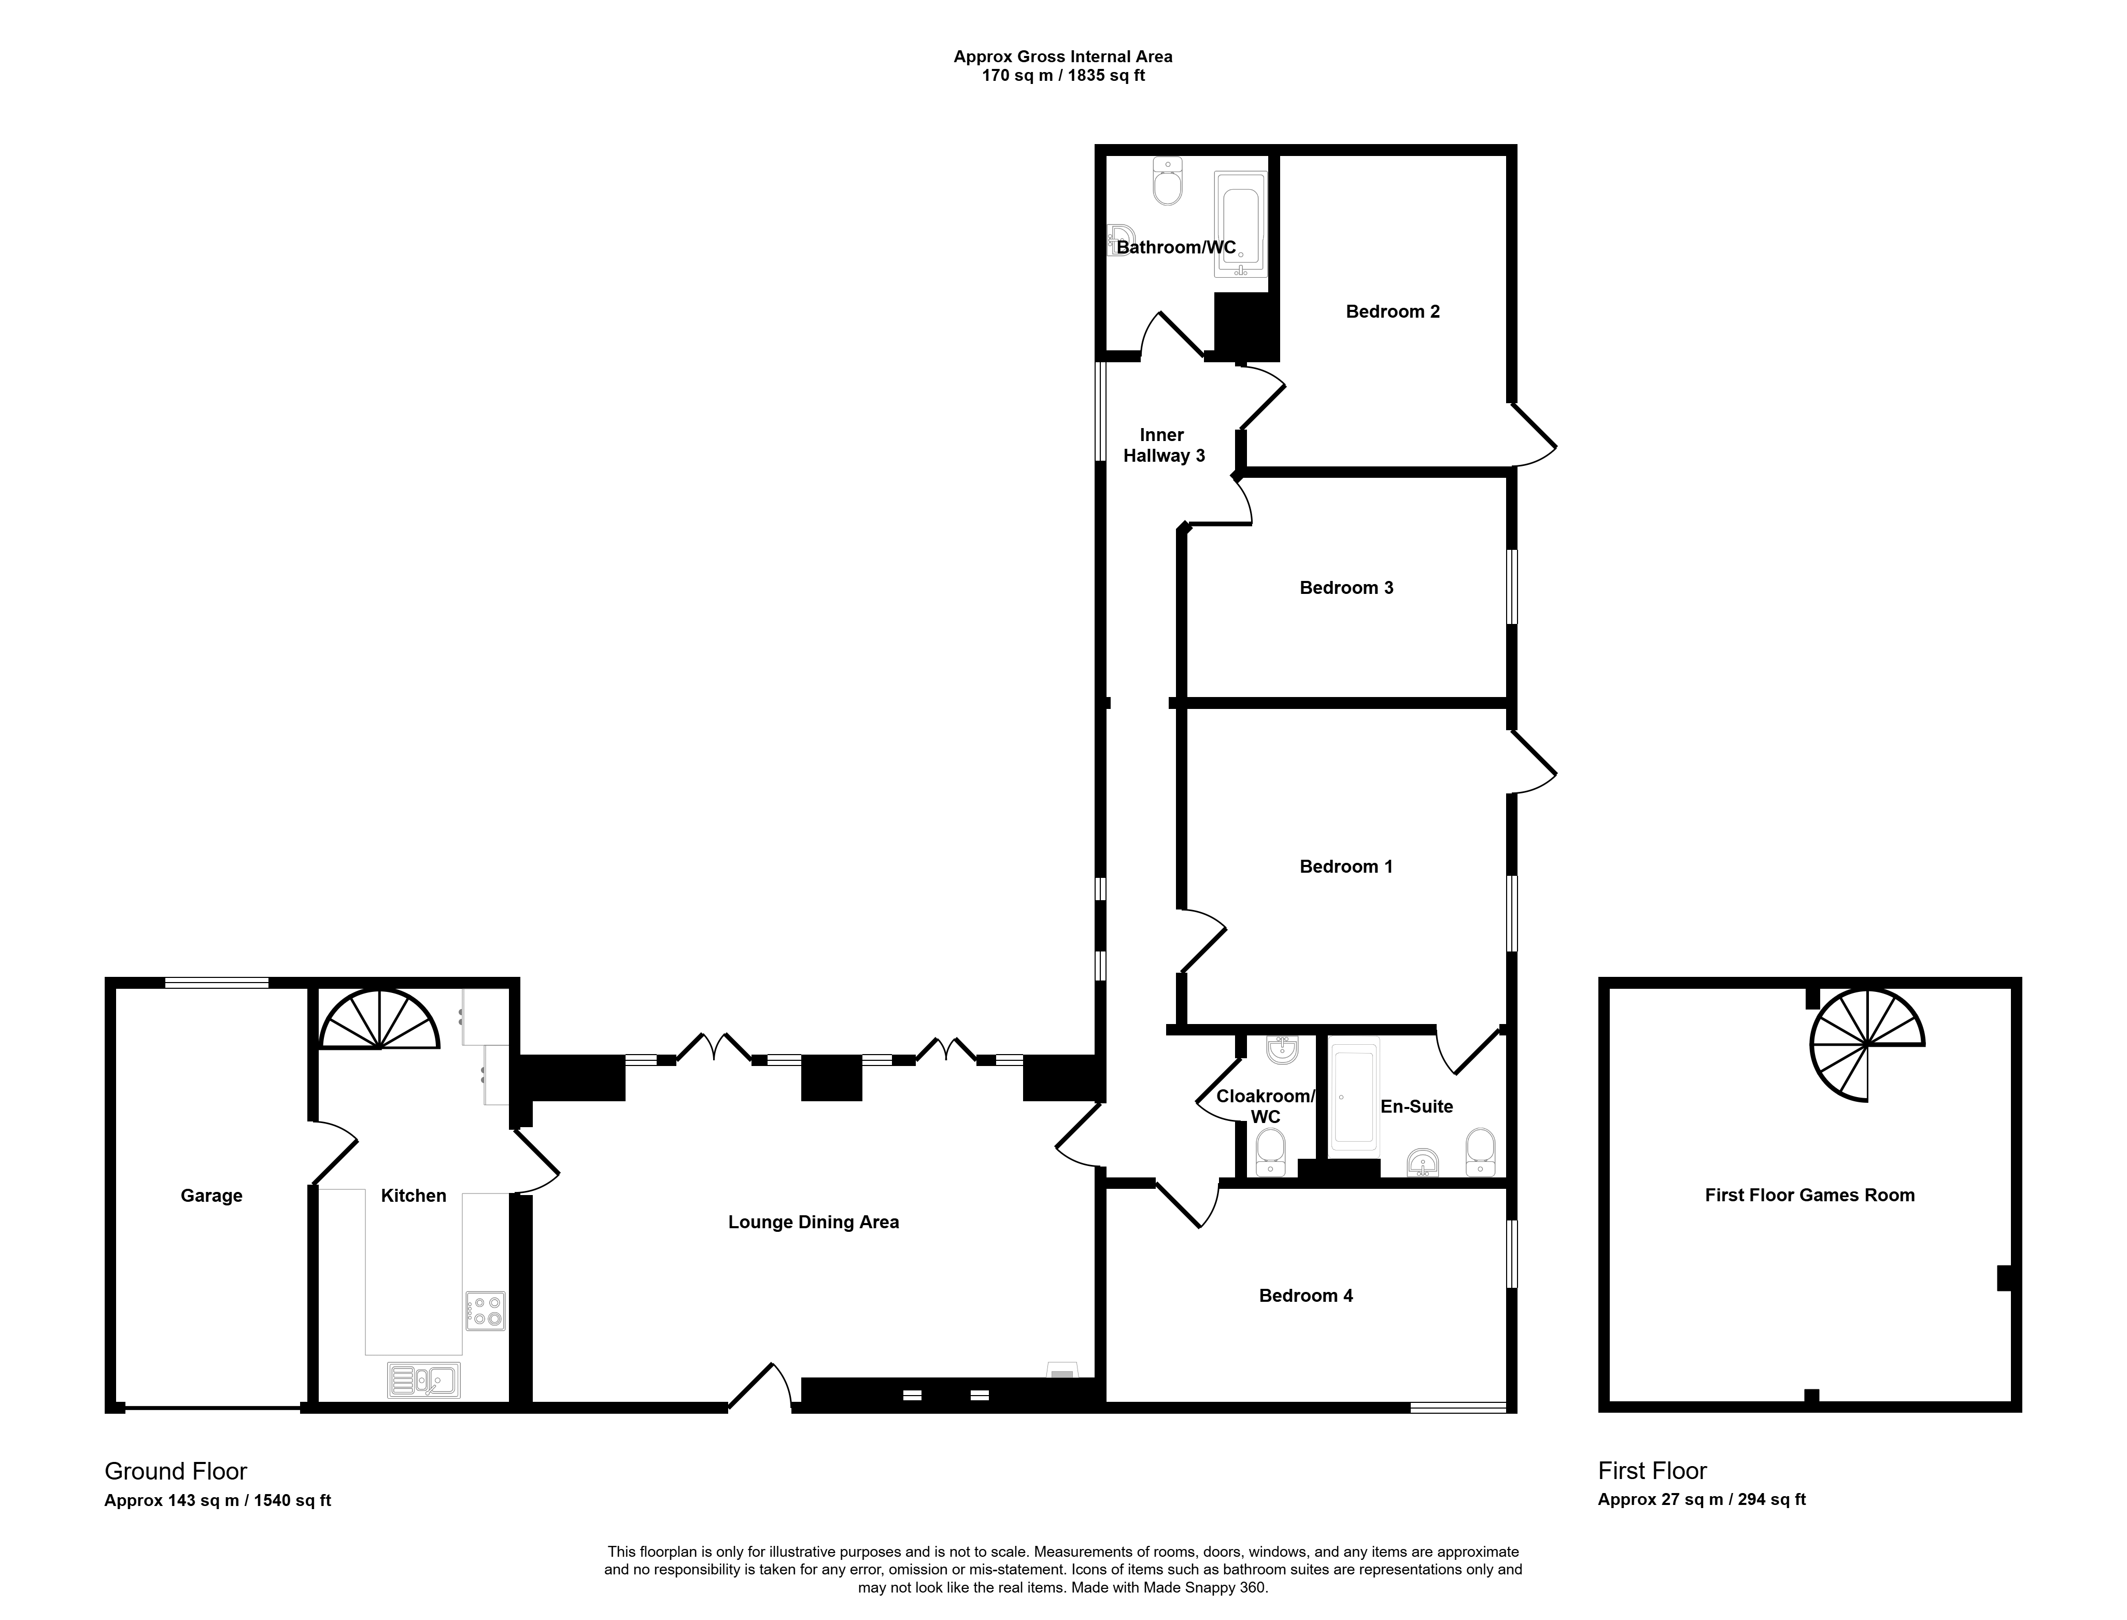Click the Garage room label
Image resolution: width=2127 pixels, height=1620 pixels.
coord(211,1196)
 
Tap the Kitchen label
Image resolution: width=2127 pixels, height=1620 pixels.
coord(414,1196)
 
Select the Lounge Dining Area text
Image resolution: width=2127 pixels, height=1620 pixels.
coord(813,1222)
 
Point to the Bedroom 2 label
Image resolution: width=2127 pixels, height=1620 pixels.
coord(1392,311)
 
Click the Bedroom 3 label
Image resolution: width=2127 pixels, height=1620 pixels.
coord(1346,587)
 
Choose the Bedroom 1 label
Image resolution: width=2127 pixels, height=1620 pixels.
coord(1346,866)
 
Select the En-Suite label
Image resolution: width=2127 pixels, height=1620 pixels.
coord(1416,1106)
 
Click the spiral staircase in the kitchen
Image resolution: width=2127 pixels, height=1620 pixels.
coord(380,1019)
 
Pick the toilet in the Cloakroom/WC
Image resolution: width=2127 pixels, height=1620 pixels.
coord(1271,1153)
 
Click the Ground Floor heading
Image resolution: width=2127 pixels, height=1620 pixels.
coord(176,1471)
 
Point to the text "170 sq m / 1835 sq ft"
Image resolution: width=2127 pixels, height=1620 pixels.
coord(1062,75)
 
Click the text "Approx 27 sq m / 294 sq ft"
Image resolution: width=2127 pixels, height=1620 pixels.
coord(1702,1499)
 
